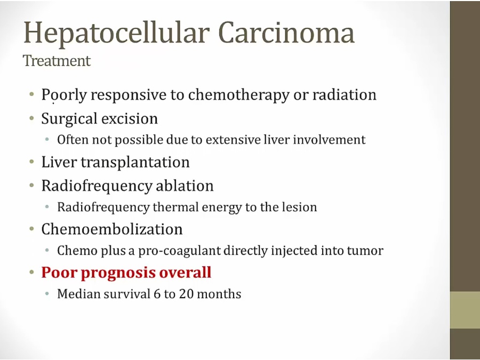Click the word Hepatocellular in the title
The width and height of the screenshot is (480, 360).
click(116, 34)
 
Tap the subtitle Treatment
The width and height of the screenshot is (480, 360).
click(57, 60)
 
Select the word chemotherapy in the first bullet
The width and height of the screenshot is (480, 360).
click(238, 95)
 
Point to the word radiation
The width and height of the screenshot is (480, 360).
click(344, 94)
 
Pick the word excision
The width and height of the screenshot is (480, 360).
click(130, 118)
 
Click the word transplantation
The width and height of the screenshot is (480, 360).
click(135, 162)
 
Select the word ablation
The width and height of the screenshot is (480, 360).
click(185, 186)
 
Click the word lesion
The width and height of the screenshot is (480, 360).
click(299, 207)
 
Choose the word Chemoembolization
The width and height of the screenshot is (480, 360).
click(112, 229)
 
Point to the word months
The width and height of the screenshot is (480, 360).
click(219, 294)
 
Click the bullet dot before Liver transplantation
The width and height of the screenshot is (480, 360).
click(32, 162)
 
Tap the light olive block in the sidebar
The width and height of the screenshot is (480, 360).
click(465, 310)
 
